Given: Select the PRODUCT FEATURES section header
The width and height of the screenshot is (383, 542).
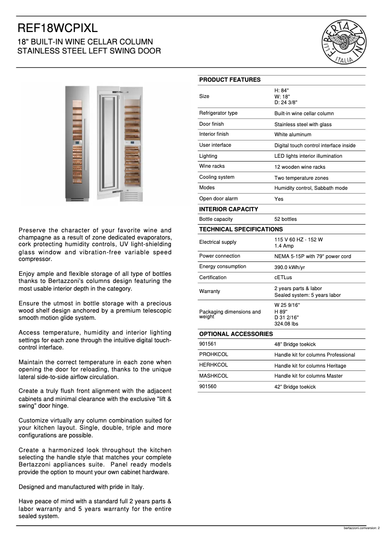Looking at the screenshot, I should pyautogui.click(x=230, y=80).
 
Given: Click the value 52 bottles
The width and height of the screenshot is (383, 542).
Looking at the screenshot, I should pyautogui.click(x=286, y=219).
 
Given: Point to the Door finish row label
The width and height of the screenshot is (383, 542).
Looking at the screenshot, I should pyautogui.click(x=212, y=124).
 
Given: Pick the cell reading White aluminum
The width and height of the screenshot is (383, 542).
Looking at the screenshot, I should pyautogui.click(x=293, y=135).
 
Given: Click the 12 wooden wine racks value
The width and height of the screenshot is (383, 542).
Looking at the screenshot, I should pyautogui.click(x=300, y=167).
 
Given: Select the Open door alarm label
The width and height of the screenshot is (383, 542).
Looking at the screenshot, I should pyautogui.click(x=218, y=199).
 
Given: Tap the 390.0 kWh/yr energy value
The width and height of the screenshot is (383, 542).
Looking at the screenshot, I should pyautogui.click(x=289, y=267).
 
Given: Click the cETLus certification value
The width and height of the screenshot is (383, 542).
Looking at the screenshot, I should pyautogui.click(x=284, y=278).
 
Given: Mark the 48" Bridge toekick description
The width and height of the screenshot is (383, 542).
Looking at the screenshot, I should pyautogui.click(x=295, y=344).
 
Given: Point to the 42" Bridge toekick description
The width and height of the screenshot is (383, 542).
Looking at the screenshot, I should pyautogui.click(x=295, y=387).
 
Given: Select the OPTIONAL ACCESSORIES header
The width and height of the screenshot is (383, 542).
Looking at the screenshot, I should pyautogui.click(x=236, y=334).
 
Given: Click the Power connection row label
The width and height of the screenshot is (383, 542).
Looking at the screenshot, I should pyautogui.click(x=220, y=256).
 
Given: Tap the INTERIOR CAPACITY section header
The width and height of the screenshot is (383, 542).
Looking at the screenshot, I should pyautogui.click(x=228, y=209).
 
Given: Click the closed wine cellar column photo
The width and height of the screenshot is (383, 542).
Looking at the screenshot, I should pyautogui.click(x=77, y=143).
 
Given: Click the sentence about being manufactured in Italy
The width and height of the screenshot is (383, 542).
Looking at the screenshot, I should pyautogui.click(x=81, y=487).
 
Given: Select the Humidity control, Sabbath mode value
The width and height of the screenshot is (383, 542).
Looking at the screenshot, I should pyautogui.click(x=311, y=188).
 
